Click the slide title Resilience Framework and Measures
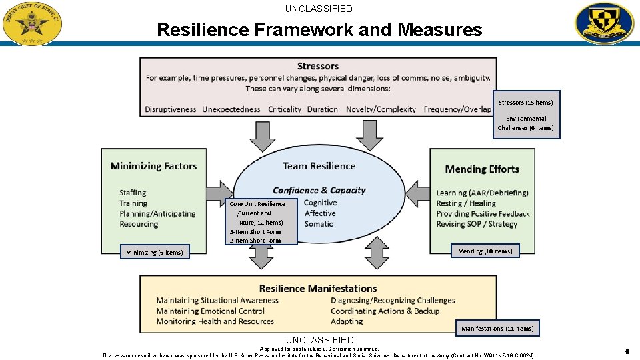319,30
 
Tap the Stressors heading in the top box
318,66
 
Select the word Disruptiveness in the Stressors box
171,109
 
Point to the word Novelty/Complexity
381,109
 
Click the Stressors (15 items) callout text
525,103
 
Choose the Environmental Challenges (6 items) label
525,123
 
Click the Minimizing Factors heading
154,166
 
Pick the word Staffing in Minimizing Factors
133,193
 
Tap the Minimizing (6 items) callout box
155,253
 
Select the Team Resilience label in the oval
319,166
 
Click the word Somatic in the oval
319,224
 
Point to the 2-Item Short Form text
255,241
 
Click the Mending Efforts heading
482,169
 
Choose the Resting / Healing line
466,203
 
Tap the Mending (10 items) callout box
485,251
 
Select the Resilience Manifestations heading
318,289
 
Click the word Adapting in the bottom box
347,321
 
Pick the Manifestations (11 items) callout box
497,329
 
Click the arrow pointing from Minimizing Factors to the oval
217,193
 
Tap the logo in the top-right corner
605,23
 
